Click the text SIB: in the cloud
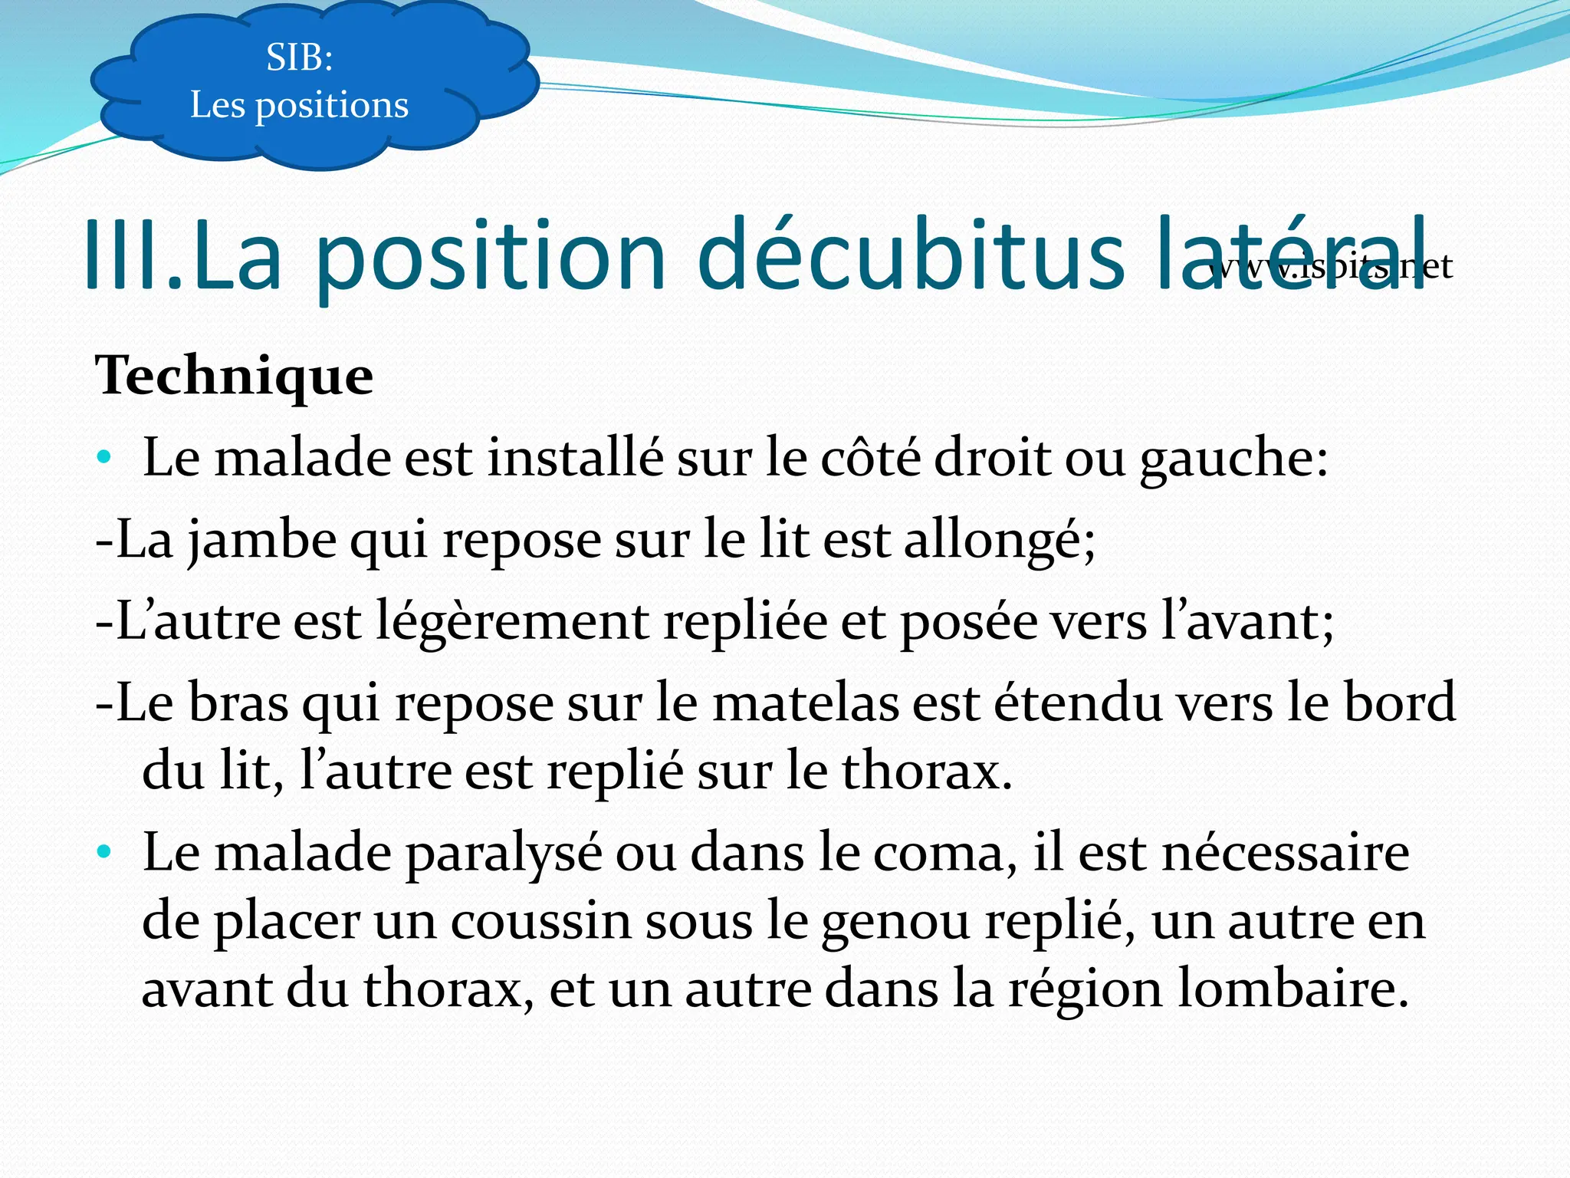(x=299, y=58)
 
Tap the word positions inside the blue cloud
(x=331, y=106)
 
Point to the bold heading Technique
(x=234, y=377)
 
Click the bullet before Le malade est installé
(x=104, y=459)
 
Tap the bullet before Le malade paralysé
(x=104, y=852)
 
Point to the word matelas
(x=805, y=703)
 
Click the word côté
(x=870, y=459)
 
